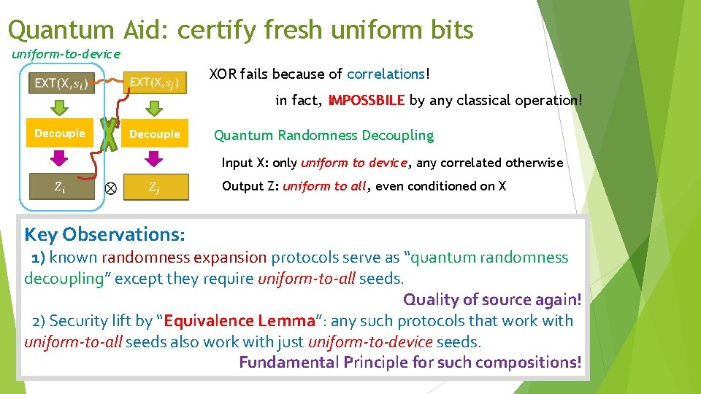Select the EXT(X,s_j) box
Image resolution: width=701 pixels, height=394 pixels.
[x=155, y=82]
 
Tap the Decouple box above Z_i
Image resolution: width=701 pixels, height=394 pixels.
[x=60, y=134]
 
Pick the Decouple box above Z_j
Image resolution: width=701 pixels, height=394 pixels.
[x=155, y=134]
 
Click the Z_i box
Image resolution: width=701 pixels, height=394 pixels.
[x=62, y=187]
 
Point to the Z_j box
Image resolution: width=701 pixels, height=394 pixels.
[x=156, y=187]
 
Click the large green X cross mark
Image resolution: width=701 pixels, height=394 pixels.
[x=109, y=135]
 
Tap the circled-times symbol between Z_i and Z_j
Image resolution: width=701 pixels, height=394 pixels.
[x=110, y=188]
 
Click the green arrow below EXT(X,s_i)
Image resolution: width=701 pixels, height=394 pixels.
[x=61, y=107]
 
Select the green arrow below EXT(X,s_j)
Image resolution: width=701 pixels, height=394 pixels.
[x=153, y=107]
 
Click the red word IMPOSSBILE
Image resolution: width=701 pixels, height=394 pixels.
[x=366, y=101]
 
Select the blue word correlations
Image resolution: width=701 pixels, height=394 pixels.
[x=386, y=74]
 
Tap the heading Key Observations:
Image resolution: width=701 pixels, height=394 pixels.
[x=104, y=234]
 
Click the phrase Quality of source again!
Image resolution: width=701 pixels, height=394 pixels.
[x=492, y=299]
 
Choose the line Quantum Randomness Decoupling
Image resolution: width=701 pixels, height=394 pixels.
[x=323, y=135]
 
